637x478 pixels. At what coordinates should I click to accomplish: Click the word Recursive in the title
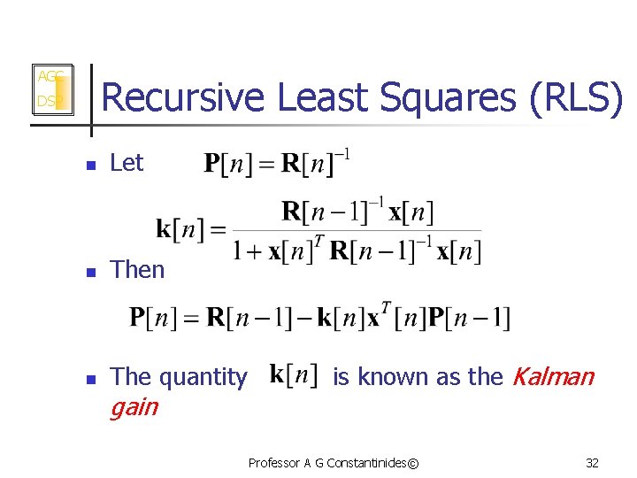coord(182,97)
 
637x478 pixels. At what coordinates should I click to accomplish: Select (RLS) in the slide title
coord(577,97)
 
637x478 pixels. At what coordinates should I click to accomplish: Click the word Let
coord(127,163)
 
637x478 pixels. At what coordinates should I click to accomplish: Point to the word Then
coord(137,269)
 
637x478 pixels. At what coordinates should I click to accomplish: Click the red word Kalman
coord(554,376)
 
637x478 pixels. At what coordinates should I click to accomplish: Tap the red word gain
coord(134,407)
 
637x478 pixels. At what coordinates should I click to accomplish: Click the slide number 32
coord(593,463)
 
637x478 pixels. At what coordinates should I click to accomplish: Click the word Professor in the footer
coord(274,463)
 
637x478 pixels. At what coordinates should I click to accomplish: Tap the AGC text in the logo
coord(48,77)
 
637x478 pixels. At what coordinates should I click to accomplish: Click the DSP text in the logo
coord(46,102)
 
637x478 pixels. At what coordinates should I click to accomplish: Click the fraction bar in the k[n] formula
coord(357,230)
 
